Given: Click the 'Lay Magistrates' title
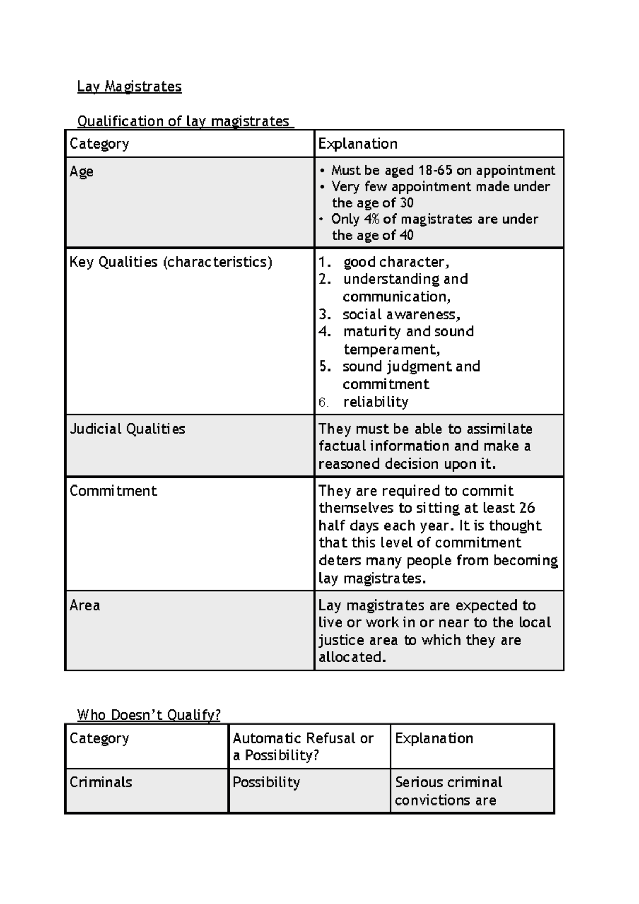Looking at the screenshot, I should click(129, 86).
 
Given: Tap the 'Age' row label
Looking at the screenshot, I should click(81, 171).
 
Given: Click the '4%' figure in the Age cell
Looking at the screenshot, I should click(372, 219).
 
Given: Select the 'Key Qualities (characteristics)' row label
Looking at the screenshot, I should click(170, 262).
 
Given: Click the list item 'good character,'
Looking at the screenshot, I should click(396, 262).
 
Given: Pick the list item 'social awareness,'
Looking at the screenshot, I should click(402, 314).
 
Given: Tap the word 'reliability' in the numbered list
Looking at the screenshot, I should click(375, 402).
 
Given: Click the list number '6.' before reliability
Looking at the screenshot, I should click(324, 402).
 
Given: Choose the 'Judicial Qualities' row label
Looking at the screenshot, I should click(127, 429).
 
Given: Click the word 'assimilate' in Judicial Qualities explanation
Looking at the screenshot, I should click(496, 429).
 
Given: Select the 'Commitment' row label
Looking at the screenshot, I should click(113, 491).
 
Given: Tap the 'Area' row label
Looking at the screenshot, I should click(85, 605).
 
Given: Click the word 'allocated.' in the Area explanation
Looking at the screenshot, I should click(352, 657).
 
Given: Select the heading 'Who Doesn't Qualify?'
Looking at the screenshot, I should click(149, 714).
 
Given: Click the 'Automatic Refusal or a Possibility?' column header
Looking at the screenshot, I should click(302, 746).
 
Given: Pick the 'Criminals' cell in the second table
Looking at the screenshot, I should click(101, 782).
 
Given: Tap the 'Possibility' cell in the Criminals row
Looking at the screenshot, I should click(266, 782).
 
